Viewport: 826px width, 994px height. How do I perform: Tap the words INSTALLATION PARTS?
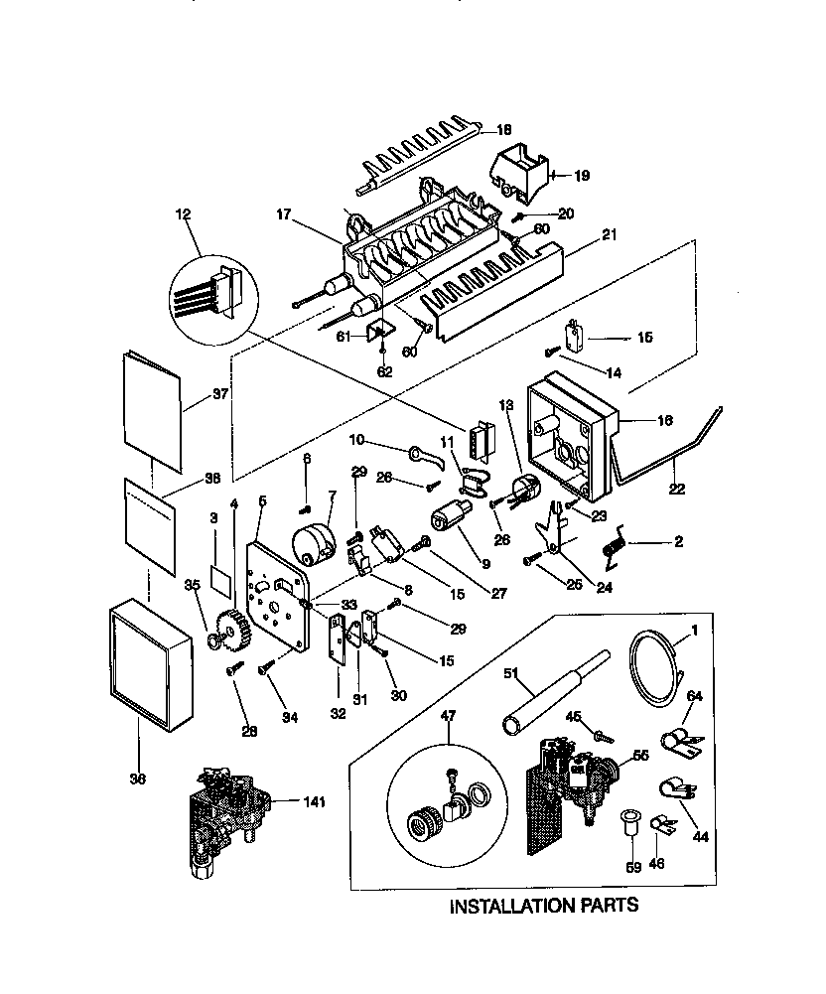(543, 906)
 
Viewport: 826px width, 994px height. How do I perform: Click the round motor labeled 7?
(316, 543)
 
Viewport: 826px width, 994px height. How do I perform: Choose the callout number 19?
(581, 176)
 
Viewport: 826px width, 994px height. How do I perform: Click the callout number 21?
(608, 234)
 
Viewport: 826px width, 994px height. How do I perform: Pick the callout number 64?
(694, 695)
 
